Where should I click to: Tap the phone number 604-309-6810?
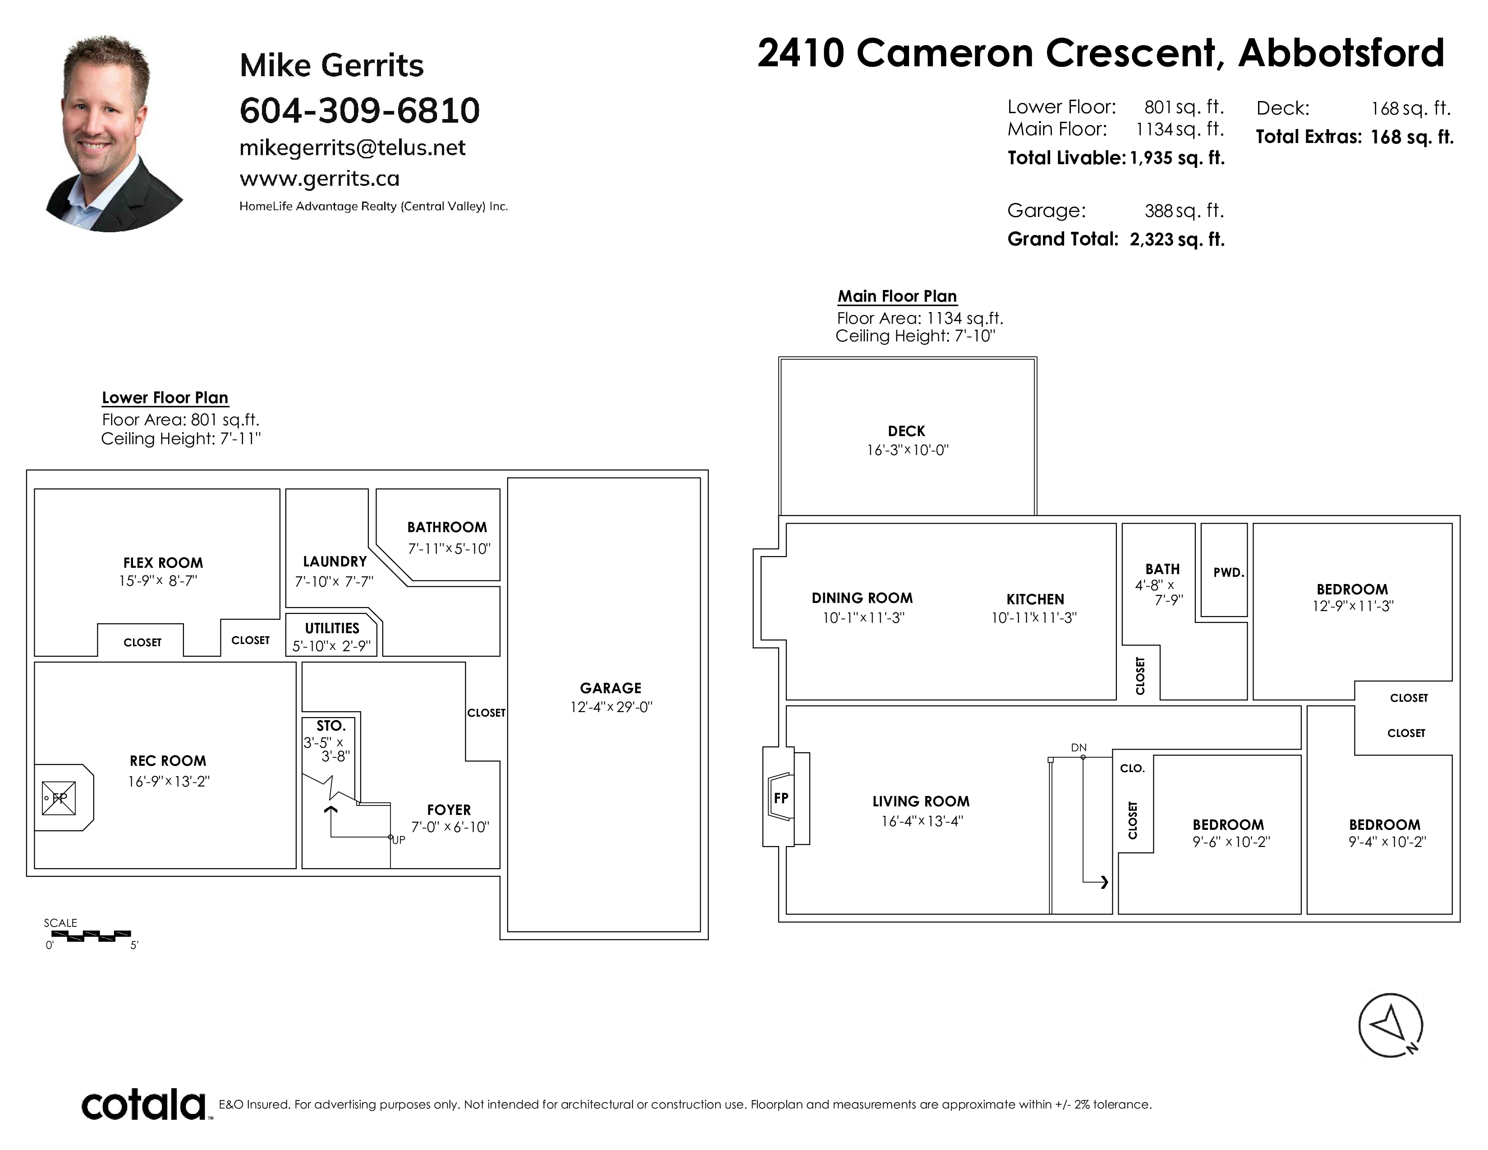[x=360, y=110]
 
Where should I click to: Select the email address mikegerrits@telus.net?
[x=352, y=148]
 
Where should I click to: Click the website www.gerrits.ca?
[x=320, y=179]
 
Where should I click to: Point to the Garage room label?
[x=611, y=688]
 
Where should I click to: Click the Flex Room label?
[x=163, y=563]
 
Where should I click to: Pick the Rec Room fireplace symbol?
[x=59, y=798]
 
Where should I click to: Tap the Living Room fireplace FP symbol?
[x=781, y=798]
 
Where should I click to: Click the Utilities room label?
[x=332, y=628]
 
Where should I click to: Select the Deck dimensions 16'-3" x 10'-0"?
[x=908, y=451]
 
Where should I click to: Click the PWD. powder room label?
[x=1228, y=573]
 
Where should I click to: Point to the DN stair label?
[x=1079, y=747]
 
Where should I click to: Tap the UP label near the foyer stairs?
[x=399, y=840]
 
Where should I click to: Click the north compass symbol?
[x=1391, y=1026]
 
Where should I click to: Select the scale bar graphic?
[x=91, y=935]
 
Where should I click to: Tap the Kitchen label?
[x=1035, y=599]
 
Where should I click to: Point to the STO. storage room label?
[x=331, y=726]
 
